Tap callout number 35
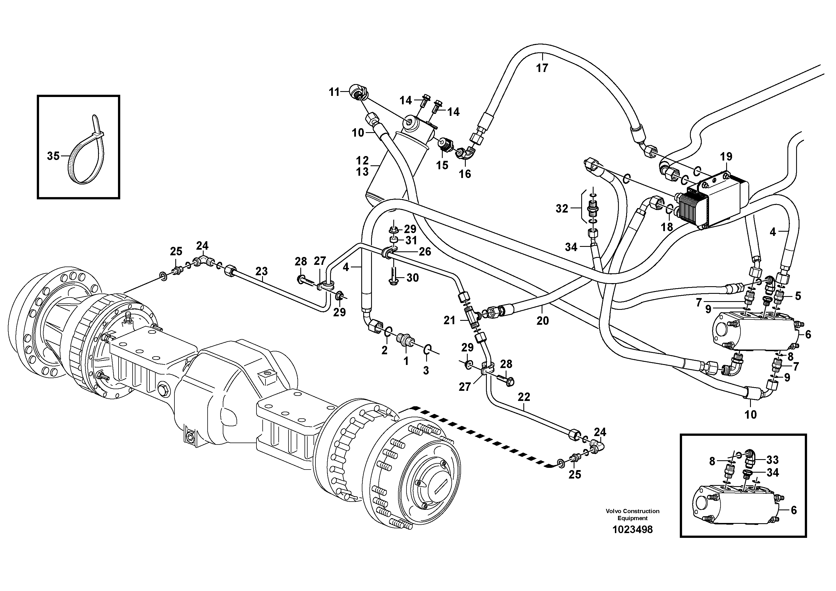pos(53,156)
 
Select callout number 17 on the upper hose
pos(542,68)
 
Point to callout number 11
pos(334,92)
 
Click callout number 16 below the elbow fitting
pos(465,174)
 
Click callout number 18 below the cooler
pos(667,227)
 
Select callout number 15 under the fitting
pos(442,165)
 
